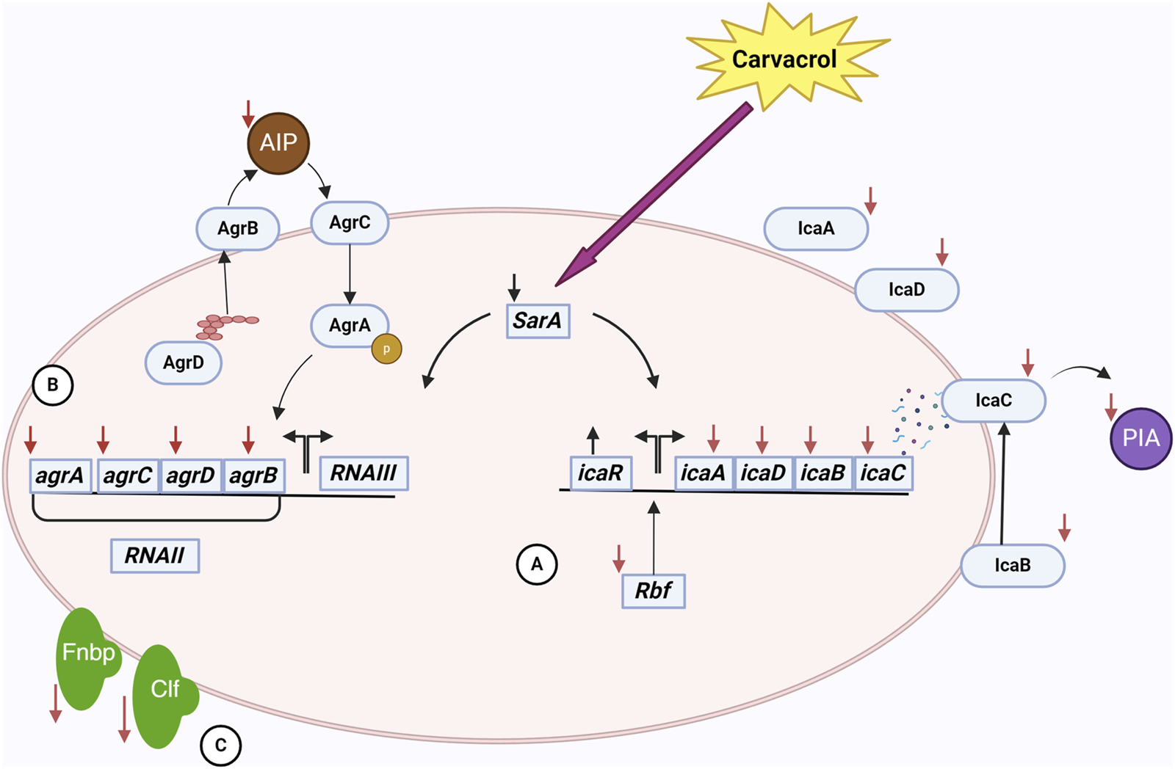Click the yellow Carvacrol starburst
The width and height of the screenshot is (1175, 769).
pos(784,59)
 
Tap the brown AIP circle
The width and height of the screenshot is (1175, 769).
pos(278,143)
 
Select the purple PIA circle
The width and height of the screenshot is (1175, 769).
pos(1140,438)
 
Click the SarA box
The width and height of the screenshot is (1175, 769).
pos(538,321)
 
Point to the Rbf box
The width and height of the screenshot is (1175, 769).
pos(653,591)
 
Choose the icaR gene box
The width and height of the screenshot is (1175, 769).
pos(600,473)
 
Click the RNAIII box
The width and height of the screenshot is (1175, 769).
pos(364,473)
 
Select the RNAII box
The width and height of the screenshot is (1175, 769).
pos(154,555)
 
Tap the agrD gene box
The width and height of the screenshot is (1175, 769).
pos(190,476)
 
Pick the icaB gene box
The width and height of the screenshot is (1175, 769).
pos(822,473)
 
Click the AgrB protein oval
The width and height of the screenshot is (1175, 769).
pos(237,228)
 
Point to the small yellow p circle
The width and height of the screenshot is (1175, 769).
pos(386,349)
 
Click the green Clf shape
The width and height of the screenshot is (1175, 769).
pos(163,693)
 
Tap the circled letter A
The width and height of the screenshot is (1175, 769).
pos(537,564)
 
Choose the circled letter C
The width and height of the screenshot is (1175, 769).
pos(220,746)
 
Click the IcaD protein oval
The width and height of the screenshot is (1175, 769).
pos(906,290)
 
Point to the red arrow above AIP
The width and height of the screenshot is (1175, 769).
pos(248,114)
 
